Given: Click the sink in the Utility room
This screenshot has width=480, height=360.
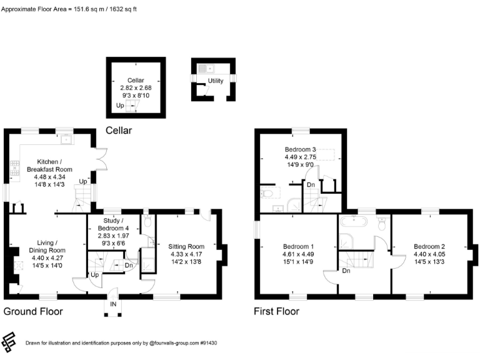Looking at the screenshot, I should pyautogui.click(x=206, y=68).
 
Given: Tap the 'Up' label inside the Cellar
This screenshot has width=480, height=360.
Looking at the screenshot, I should pyautogui.click(x=120, y=106).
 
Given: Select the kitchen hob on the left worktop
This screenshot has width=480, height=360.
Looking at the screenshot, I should pyautogui.click(x=13, y=167).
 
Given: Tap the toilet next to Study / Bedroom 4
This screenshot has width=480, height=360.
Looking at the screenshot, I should pyautogui.click(x=147, y=222).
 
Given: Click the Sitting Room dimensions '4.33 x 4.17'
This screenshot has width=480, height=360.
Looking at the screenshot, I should pyautogui.click(x=187, y=254).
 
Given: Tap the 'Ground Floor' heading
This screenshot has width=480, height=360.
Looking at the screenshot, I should pyautogui.click(x=32, y=311).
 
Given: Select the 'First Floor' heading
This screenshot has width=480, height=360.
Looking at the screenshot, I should pyautogui.click(x=276, y=311).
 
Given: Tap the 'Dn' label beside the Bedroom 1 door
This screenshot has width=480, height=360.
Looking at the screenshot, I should pyautogui.click(x=346, y=271).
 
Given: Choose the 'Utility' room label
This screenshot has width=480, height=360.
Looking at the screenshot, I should pyautogui.click(x=216, y=81).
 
